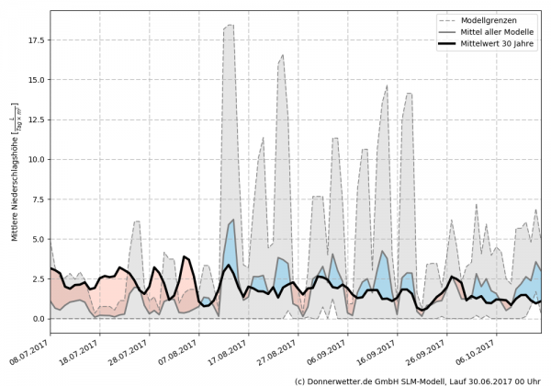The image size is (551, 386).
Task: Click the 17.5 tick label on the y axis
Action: tap(35, 40)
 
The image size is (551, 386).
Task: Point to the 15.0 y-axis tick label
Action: tap(35, 80)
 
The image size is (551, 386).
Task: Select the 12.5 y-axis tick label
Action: tap(35, 119)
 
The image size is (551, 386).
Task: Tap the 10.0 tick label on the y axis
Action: tap(35, 160)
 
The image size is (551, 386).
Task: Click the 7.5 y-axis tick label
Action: tap(38, 199)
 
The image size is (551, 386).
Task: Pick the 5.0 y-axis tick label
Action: tap(38, 239)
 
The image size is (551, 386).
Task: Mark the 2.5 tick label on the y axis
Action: tap(38, 279)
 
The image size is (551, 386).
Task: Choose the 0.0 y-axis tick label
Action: tap(38, 319)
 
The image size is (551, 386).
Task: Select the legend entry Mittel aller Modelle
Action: tap(503, 32)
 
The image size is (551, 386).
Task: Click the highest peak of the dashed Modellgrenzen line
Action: tap(230, 25)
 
